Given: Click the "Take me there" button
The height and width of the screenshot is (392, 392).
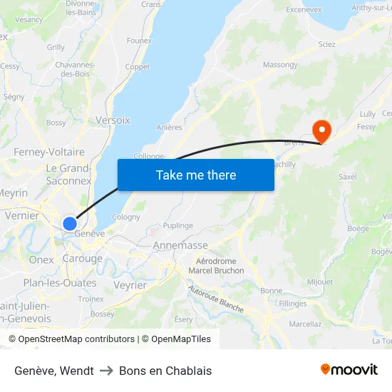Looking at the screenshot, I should tap(195, 175).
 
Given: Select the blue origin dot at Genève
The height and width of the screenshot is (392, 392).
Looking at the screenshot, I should tap(69, 224).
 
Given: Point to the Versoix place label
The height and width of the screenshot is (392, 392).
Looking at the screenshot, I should tap(113, 120).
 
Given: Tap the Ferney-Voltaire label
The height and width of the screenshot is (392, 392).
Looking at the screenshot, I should tap(49, 152).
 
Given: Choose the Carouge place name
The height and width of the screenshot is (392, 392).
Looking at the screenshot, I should tap(83, 259).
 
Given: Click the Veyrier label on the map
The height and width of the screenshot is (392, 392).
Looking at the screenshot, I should tap(130, 285).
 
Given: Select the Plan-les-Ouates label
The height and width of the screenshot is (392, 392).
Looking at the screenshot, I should tap(60, 283).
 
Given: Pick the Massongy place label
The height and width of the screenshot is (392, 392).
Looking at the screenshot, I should tap(280, 65).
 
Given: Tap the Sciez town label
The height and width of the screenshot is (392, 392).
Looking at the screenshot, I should tap(326, 44).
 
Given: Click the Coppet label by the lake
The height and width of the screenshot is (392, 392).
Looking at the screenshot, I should tap(138, 67).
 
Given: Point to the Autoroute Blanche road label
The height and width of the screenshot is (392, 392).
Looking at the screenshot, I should tap(216, 299).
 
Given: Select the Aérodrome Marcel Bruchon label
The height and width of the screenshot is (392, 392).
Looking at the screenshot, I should tap(216, 267).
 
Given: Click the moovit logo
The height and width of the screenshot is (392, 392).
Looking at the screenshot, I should tap(349, 370).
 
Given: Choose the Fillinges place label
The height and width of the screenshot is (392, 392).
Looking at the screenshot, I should tap(293, 304).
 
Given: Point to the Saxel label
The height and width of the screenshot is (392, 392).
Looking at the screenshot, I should tap(348, 177).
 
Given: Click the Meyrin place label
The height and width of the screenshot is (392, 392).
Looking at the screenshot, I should tap(14, 193).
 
